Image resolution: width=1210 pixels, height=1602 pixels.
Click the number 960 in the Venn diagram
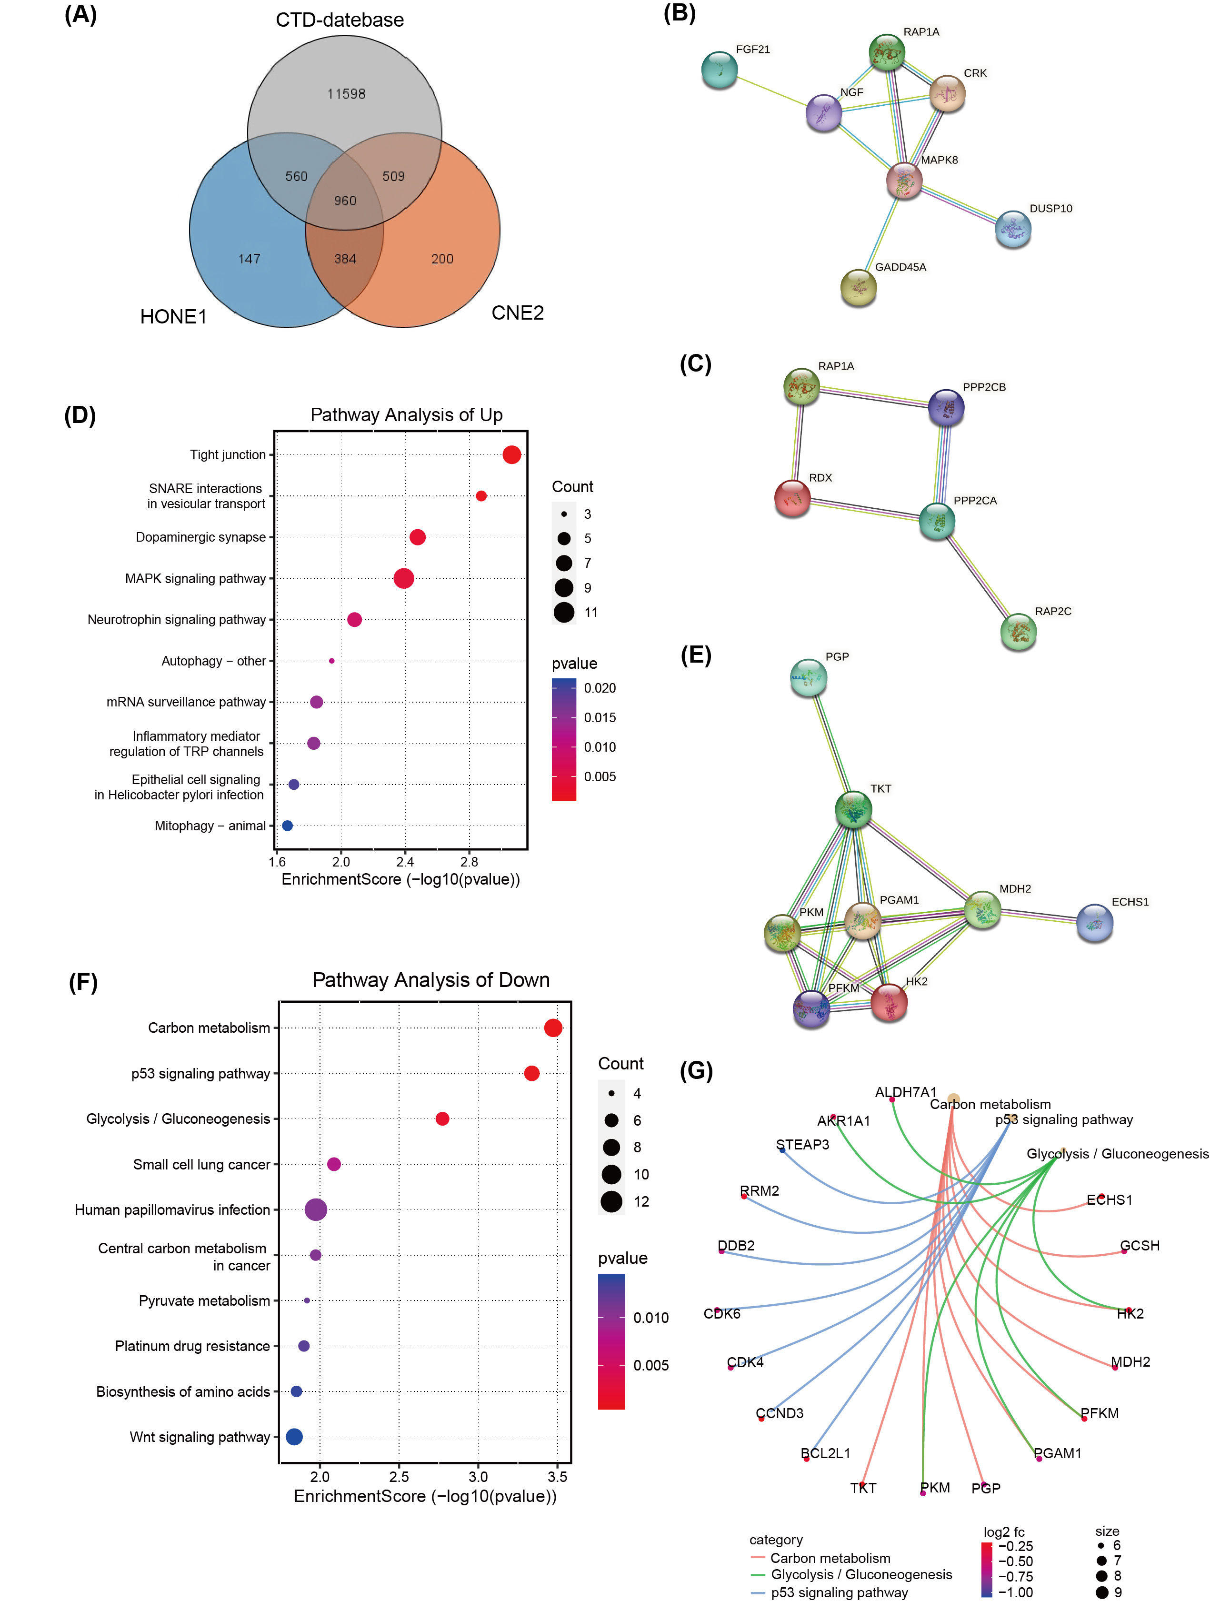[x=345, y=201]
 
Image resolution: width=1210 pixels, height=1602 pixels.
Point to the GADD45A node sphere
[x=858, y=288]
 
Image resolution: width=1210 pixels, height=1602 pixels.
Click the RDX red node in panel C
[x=792, y=498]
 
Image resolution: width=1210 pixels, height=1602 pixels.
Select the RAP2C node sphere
[x=1018, y=632]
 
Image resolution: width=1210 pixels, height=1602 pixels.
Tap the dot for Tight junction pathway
[x=511, y=455]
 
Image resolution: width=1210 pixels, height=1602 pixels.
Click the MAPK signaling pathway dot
[x=404, y=578]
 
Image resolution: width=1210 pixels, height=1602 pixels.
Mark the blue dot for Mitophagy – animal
[x=288, y=826]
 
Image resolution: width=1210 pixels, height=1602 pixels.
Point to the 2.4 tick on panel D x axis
[x=405, y=862]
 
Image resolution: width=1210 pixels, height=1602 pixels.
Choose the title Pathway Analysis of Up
[x=406, y=415]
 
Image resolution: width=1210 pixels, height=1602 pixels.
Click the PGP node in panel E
[x=808, y=677]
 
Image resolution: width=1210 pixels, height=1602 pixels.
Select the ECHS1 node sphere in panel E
[x=1094, y=923]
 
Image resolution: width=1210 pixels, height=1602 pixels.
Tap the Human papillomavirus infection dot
[x=316, y=1209]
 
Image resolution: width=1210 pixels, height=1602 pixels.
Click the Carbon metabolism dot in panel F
[x=553, y=1028]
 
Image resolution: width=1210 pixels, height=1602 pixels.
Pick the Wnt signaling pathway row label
[x=200, y=1437]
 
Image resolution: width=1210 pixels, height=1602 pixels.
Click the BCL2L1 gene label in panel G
[x=826, y=1453]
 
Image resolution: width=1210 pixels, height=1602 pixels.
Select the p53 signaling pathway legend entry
[x=839, y=1592]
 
